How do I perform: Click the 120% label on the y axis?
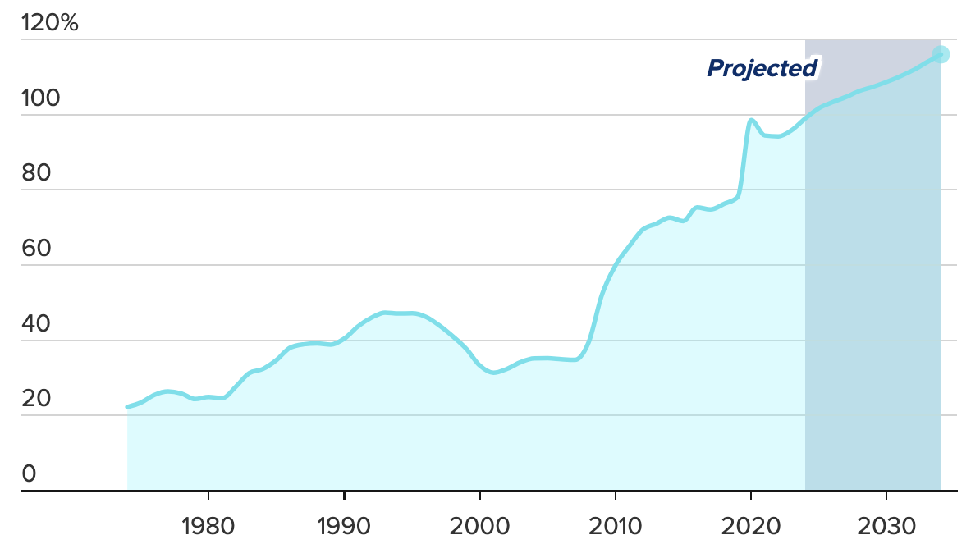(x=50, y=24)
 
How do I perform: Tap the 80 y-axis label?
(x=38, y=174)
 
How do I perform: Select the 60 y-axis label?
(x=38, y=249)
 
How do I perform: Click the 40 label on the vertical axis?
(x=38, y=325)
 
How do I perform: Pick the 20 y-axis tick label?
(x=38, y=400)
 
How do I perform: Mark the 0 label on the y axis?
(x=30, y=474)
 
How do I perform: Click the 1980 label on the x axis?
(x=208, y=524)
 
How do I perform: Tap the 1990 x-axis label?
(x=344, y=524)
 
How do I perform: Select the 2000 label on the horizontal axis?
(x=479, y=524)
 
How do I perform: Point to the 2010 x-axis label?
(x=615, y=524)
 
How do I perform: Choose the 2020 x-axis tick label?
(x=750, y=524)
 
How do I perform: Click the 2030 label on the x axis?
(x=886, y=524)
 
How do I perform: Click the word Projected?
(x=762, y=69)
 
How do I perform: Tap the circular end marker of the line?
(x=941, y=55)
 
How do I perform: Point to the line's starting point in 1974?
(x=127, y=407)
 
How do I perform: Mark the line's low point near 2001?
(x=493, y=373)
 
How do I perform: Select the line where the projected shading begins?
(x=805, y=119)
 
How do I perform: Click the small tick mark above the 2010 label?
(x=615, y=496)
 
